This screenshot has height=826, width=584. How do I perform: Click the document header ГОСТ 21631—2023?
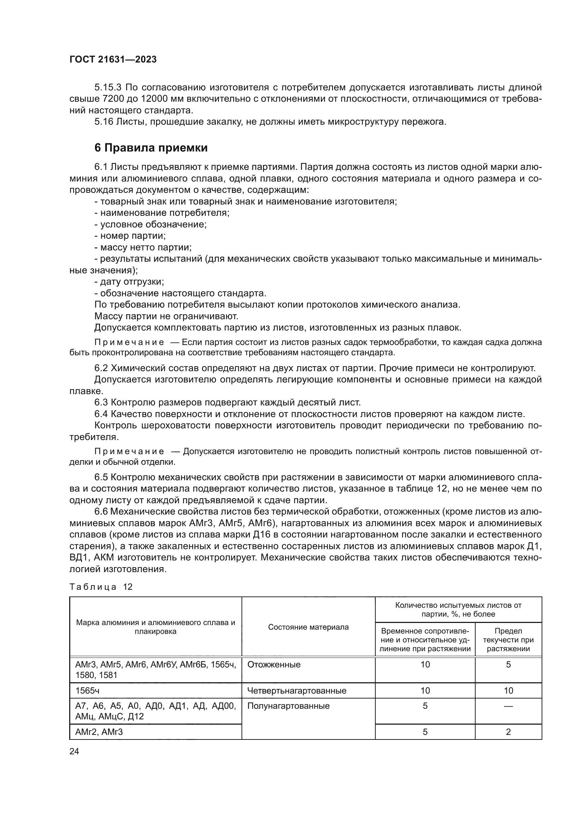click(x=113, y=60)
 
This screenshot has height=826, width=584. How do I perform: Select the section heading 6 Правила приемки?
click(x=151, y=148)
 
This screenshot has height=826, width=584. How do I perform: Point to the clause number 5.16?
click(x=103, y=122)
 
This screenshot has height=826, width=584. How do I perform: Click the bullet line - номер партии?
click(x=130, y=236)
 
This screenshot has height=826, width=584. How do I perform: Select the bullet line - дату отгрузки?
click(x=129, y=282)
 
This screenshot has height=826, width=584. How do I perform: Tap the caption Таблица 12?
click(x=101, y=587)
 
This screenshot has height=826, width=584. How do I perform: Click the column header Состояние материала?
click(x=308, y=627)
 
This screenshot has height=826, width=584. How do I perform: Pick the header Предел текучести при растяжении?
click(x=508, y=640)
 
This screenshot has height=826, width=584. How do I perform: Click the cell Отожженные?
click(x=274, y=665)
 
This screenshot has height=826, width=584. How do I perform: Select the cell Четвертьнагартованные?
click(x=297, y=690)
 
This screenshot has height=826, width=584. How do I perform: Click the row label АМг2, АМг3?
click(x=99, y=732)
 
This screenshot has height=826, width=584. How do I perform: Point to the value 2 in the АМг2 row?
click(x=508, y=732)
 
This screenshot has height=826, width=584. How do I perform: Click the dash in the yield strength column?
click(x=508, y=706)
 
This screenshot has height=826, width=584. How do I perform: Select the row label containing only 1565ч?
click(x=85, y=690)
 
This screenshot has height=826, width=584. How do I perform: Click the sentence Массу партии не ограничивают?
click(x=166, y=316)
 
